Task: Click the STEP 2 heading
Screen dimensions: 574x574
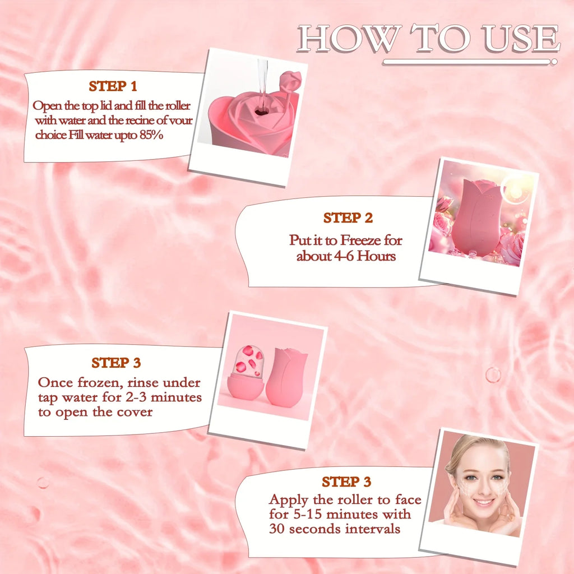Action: click(348, 218)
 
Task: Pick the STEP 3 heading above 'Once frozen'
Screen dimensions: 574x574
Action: click(116, 363)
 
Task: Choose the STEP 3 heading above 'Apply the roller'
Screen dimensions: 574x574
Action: click(346, 482)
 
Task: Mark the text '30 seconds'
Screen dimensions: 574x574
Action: click(299, 529)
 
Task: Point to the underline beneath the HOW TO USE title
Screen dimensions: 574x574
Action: click(471, 62)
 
